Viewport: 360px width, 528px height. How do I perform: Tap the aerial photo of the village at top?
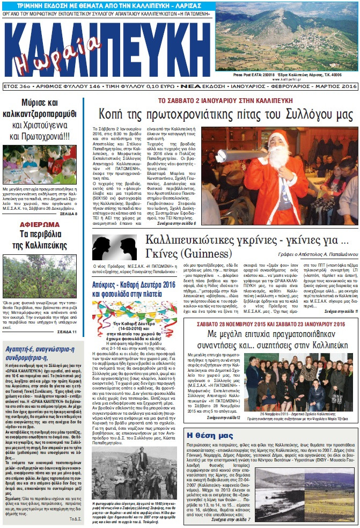pos(287,34)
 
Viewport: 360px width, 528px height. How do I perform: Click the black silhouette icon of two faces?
pos(114,247)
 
